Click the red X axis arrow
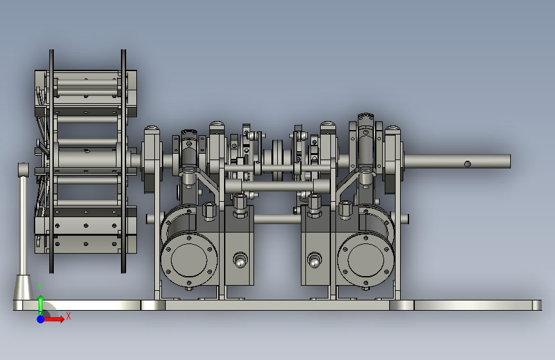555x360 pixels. tap(53, 319)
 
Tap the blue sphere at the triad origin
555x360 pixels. tap(41, 319)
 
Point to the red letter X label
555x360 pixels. tap(68, 316)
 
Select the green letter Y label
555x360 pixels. tap(40, 288)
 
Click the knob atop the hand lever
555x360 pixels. tap(23, 169)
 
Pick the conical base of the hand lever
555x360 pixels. tap(23, 288)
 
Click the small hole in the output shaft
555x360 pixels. tap(467, 164)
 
